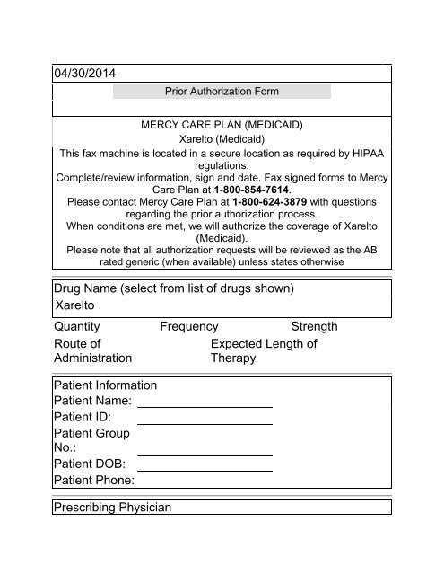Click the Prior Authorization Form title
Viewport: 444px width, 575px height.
coord(222,92)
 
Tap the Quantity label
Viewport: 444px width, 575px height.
coord(77,327)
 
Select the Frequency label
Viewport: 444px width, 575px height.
coord(189,327)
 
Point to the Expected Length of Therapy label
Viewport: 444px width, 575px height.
coord(263,350)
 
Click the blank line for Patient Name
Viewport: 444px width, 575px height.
coord(205,405)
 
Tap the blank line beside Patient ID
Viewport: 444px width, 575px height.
coord(205,422)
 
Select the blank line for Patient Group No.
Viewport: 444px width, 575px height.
coord(205,453)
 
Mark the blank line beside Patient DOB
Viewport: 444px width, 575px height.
coord(205,470)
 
